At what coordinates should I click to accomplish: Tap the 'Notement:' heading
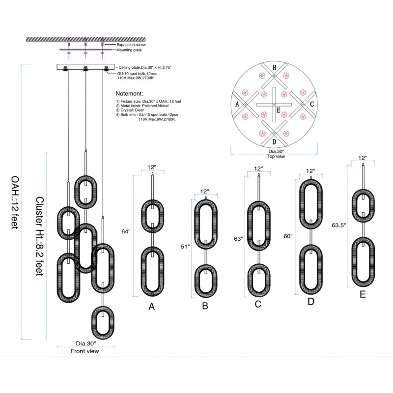coord(129,93)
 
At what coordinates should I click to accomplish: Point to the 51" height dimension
coord(185,248)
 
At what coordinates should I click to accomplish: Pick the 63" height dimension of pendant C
coord(239,239)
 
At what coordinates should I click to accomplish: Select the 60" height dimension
coord(288,236)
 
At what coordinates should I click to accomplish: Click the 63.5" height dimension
coord(339,225)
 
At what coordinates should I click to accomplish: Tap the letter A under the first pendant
coord(152,307)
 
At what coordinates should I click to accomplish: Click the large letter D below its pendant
coord(310,302)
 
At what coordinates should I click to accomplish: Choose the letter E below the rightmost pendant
coord(363,295)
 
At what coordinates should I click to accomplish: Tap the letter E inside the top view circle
coord(278,111)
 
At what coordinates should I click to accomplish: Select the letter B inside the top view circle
coord(275,68)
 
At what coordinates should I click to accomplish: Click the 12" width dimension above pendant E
coord(363,158)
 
